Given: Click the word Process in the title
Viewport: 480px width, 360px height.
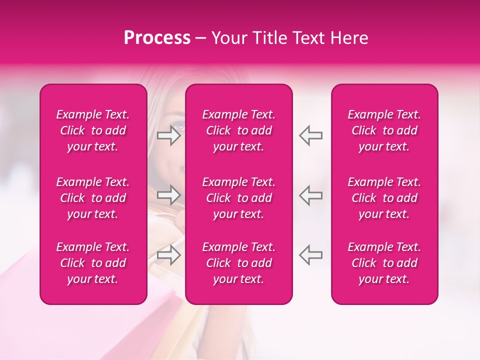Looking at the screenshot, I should point(157,38).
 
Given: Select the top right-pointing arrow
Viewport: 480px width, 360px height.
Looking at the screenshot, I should point(169,135).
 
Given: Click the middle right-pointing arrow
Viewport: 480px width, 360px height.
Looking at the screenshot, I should point(169,195).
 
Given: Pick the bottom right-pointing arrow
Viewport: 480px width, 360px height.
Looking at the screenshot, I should point(169,254).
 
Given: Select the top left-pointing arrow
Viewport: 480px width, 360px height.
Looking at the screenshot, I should point(310,135).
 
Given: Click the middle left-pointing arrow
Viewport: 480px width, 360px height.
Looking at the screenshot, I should point(310,195).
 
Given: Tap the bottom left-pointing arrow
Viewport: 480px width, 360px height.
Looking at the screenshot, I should point(310,254).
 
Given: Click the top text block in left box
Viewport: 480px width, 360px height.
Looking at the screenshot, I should point(93,130).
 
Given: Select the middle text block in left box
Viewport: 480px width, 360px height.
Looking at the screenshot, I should point(93,198).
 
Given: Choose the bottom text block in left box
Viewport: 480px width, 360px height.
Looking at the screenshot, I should point(93,263).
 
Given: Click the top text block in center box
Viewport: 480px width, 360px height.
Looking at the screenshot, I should point(239,130).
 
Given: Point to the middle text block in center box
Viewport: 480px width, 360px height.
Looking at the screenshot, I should point(239,198).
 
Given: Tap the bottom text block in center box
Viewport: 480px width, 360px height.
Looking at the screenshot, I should point(239,263).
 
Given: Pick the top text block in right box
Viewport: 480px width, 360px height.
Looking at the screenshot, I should point(384,130).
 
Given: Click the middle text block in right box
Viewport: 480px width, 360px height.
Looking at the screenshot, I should point(384,198).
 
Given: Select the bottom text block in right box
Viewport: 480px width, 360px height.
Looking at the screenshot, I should point(384,263).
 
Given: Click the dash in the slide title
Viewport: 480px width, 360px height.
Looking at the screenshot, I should point(201,38).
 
